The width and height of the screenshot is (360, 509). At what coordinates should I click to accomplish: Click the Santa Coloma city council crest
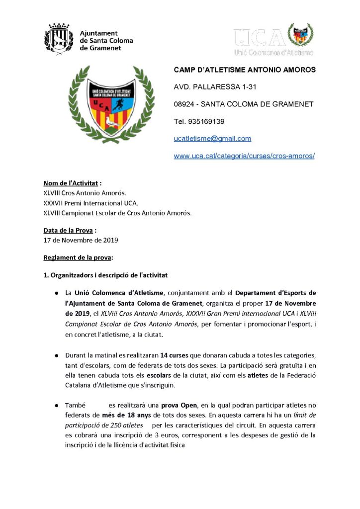click(x=59, y=37)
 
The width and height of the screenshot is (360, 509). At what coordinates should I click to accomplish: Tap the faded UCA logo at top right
click(x=273, y=39)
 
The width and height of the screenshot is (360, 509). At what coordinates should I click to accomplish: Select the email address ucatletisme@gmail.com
click(x=212, y=139)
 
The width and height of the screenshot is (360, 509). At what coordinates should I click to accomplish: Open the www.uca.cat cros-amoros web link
click(x=244, y=156)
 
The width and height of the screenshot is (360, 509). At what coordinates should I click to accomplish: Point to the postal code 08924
click(x=185, y=104)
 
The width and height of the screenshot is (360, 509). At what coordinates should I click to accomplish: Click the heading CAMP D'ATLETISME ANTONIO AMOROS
click(x=244, y=70)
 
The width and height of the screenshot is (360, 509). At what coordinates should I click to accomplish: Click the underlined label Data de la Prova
click(x=68, y=231)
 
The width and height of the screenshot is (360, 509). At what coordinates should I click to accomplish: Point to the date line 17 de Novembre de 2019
click(x=81, y=241)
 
